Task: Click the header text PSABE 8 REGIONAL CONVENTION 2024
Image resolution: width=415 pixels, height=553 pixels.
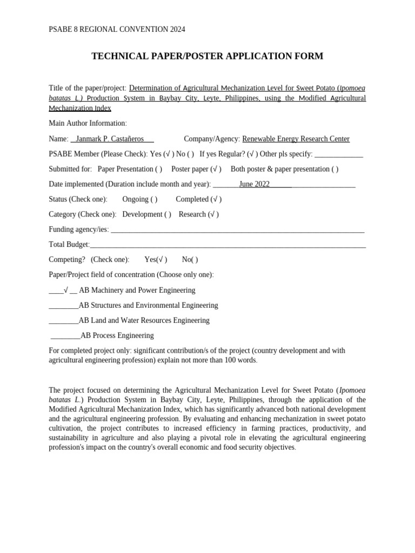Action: pos(117,29)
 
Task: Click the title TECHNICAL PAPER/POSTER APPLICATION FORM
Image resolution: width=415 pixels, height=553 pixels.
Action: pos(207,56)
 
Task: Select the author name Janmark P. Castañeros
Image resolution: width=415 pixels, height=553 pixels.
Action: pos(110,139)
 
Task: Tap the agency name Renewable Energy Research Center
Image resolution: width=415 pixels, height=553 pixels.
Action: pos(296,139)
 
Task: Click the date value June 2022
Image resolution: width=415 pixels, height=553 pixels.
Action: pos(254,184)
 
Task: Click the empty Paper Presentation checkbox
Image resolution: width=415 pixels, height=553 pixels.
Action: pos(158,169)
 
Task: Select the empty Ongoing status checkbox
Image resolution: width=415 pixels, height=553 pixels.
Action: pos(154,199)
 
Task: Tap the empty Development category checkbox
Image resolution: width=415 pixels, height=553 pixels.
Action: pos(168,214)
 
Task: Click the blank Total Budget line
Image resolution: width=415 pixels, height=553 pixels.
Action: pos(227,245)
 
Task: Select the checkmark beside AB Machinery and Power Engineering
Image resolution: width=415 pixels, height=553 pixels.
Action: pos(65,290)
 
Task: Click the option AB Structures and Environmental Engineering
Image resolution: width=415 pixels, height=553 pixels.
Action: pos(148,305)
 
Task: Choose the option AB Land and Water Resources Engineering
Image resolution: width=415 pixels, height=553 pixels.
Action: pos(144,320)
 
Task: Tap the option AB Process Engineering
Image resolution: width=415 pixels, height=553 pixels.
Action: pos(117,335)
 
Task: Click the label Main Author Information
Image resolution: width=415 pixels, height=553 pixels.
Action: pos(88,123)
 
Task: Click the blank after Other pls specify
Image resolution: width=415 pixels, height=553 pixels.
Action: pos(338,154)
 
